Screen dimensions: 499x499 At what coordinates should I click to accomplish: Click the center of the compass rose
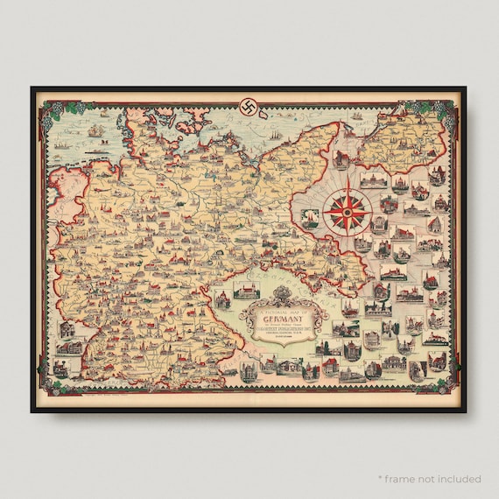pyautogui.click(x=348, y=207)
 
